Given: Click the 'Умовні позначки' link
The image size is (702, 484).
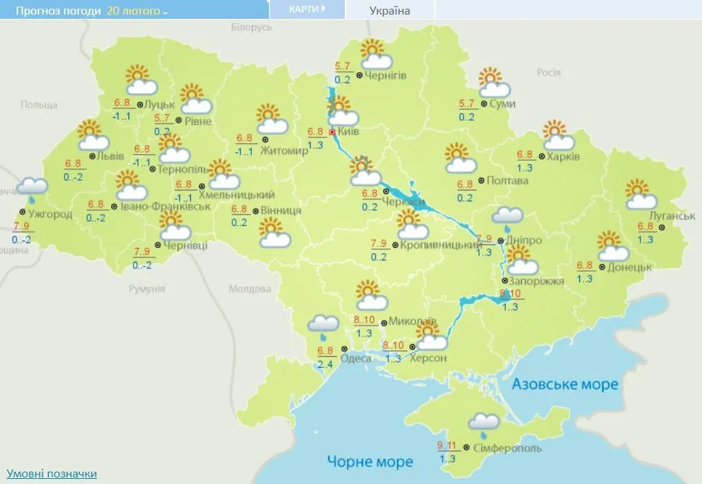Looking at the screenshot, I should pos(52,473).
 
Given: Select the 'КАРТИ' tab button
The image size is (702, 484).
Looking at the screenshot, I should pos(305,9).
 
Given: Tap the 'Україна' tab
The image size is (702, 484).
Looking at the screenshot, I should pos(389,10).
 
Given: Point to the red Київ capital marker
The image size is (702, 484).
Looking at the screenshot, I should pos(332,132).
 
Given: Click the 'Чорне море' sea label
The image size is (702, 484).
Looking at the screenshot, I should pos(370,461).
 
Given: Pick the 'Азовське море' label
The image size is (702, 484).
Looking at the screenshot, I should pos(565,384).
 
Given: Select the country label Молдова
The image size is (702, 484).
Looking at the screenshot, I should pos(245,289).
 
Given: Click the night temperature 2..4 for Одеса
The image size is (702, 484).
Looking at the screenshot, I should pos(325,363).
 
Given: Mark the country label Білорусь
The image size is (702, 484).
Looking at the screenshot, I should pos(250,27).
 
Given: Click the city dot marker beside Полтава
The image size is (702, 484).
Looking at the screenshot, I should pos(483,180).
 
